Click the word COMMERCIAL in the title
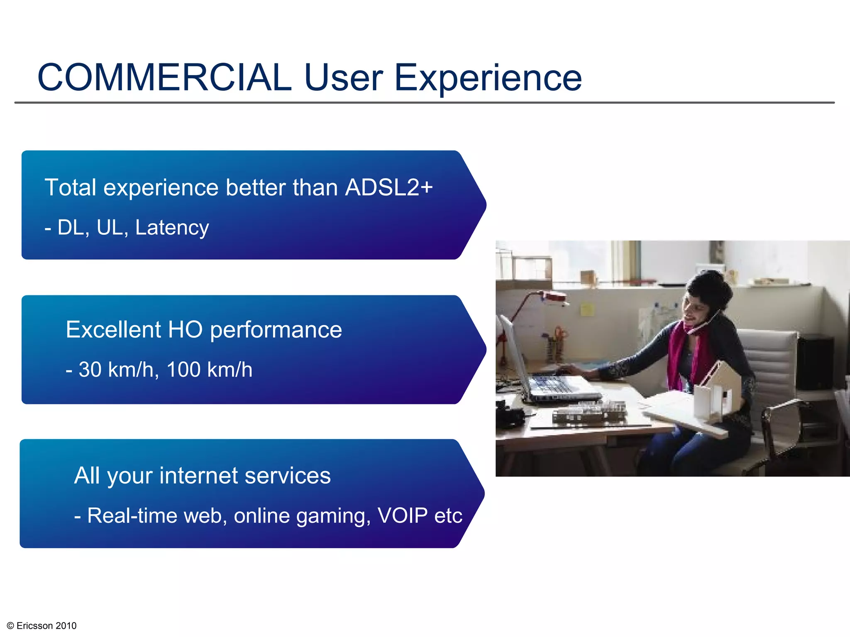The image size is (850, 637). tap(164, 78)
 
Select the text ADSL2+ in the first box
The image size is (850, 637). tap(389, 187)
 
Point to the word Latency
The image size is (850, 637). tap(172, 228)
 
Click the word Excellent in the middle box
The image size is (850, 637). tap(113, 330)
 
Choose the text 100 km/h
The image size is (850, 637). tap(209, 370)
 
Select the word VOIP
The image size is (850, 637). tap(402, 516)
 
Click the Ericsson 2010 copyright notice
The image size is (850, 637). tap(42, 626)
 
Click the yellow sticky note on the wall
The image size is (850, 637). tap(586, 309)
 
